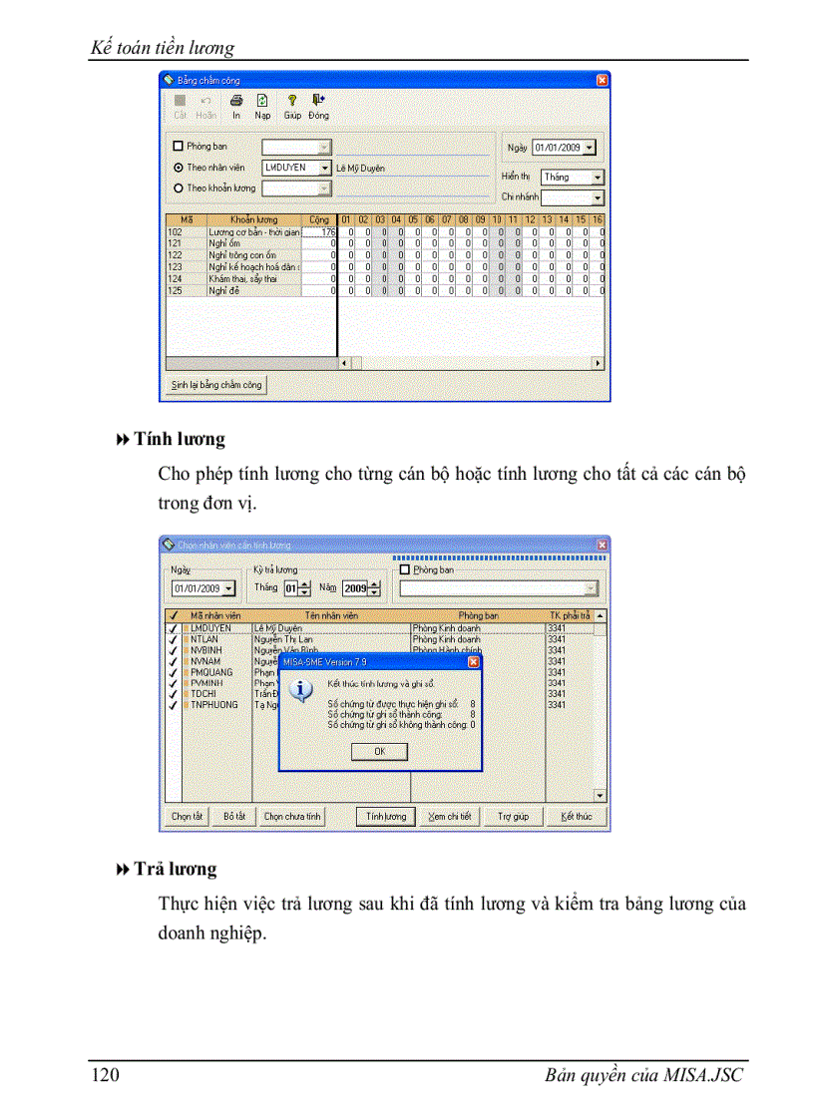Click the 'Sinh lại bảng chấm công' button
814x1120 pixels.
(x=215, y=385)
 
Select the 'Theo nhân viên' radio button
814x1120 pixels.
(x=179, y=168)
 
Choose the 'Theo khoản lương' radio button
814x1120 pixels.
(x=179, y=187)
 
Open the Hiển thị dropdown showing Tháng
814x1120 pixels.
(x=572, y=177)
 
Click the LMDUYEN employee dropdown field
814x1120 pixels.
(x=296, y=168)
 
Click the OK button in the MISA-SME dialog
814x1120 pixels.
(x=379, y=752)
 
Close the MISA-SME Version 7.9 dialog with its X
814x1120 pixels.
(x=473, y=661)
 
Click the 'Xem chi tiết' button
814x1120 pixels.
(x=449, y=816)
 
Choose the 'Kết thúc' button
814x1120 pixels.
(x=577, y=816)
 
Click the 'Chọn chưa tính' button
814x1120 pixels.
(x=292, y=816)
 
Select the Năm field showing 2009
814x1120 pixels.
(x=356, y=588)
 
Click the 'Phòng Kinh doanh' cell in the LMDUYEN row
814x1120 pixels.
(x=446, y=629)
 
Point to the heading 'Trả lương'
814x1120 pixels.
(x=175, y=870)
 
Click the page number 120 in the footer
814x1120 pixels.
(x=105, y=1075)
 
